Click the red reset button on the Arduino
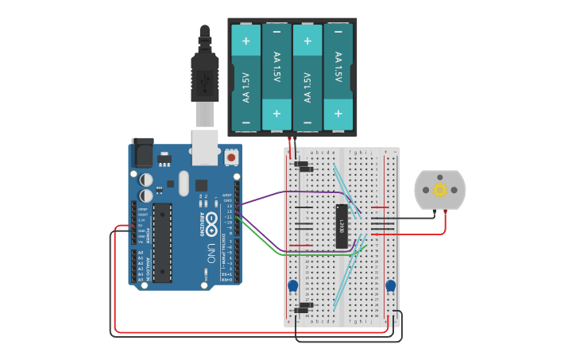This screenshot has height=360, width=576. (231, 157)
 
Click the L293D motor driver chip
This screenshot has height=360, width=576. (342, 226)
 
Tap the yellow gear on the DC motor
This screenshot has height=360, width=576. (440, 190)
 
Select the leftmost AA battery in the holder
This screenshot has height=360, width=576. (246, 77)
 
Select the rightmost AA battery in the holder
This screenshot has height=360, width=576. (338, 77)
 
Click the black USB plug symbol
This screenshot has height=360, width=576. (205, 79)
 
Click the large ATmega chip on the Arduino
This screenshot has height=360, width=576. (162, 242)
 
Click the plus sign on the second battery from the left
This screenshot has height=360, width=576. (276, 114)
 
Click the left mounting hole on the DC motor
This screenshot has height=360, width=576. (426, 190)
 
